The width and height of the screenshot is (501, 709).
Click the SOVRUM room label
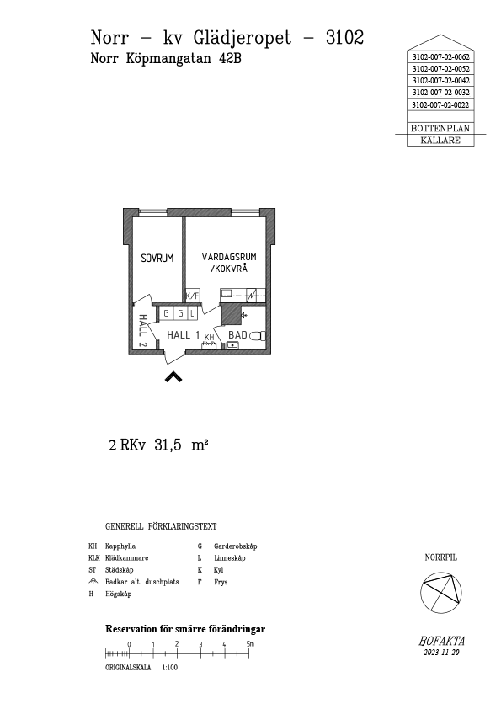pyautogui.click(x=157, y=259)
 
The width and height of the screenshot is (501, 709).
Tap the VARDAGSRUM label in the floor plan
pyautogui.click(x=229, y=257)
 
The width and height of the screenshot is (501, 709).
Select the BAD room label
pyautogui.click(x=237, y=335)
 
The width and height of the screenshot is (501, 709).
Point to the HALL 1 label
pyautogui.click(x=183, y=335)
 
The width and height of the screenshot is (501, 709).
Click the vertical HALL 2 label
pyautogui.click(x=142, y=331)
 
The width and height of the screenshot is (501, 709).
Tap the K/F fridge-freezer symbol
pyautogui.click(x=192, y=296)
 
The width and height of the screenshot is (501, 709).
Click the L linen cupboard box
pyautogui.click(x=192, y=313)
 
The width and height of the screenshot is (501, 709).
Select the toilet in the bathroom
pyautogui.click(x=258, y=336)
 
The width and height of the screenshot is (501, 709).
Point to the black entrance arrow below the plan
pyautogui.click(x=173, y=376)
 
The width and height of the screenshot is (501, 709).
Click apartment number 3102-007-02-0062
pyautogui.click(x=441, y=57)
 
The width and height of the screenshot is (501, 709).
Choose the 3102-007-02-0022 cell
pyautogui.click(x=441, y=105)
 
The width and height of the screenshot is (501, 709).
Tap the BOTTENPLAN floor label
pyautogui.click(x=440, y=129)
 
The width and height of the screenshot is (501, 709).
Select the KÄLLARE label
pyautogui.click(x=440, y=140)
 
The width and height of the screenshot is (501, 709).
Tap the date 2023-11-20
pyautogui.click(x=441, y=653)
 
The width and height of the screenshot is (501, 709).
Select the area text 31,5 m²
pyautogui.click(x=181, y=445)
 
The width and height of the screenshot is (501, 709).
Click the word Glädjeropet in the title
pyautogui.click(x=242, y=39)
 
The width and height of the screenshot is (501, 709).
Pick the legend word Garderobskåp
pyautogui.click(x=236, y=546)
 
